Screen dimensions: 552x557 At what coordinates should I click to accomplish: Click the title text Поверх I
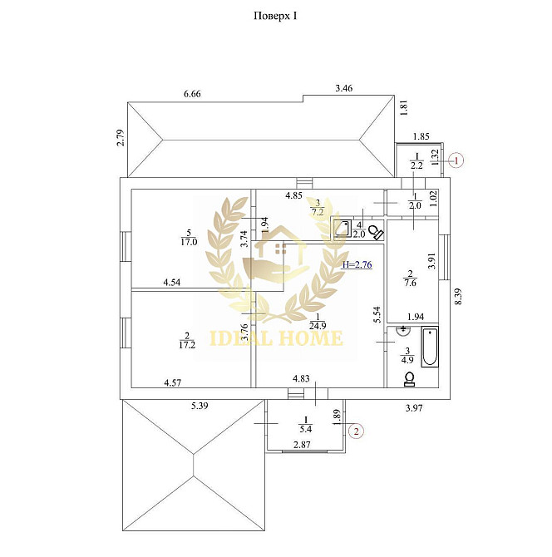click(x=275, y=16)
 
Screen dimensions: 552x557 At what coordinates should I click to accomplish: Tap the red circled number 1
click(x=456, y=160)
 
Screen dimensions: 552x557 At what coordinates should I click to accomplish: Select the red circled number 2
click(x=356, y=431)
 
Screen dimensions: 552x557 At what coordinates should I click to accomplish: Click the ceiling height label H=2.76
click(x=357, y=264)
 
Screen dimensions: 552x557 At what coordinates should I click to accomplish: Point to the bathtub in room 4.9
click(x=430, y=347)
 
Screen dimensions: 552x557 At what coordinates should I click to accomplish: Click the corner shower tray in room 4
click(x=343, y=229)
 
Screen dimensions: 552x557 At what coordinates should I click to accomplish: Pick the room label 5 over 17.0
click(x=189, y=238)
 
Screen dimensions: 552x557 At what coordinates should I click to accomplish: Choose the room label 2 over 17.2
click(x=187, y=340)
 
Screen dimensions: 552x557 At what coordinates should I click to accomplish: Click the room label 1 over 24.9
click(x=318, y=321)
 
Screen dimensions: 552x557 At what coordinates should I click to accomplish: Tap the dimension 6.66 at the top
click(x=192, y=94)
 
